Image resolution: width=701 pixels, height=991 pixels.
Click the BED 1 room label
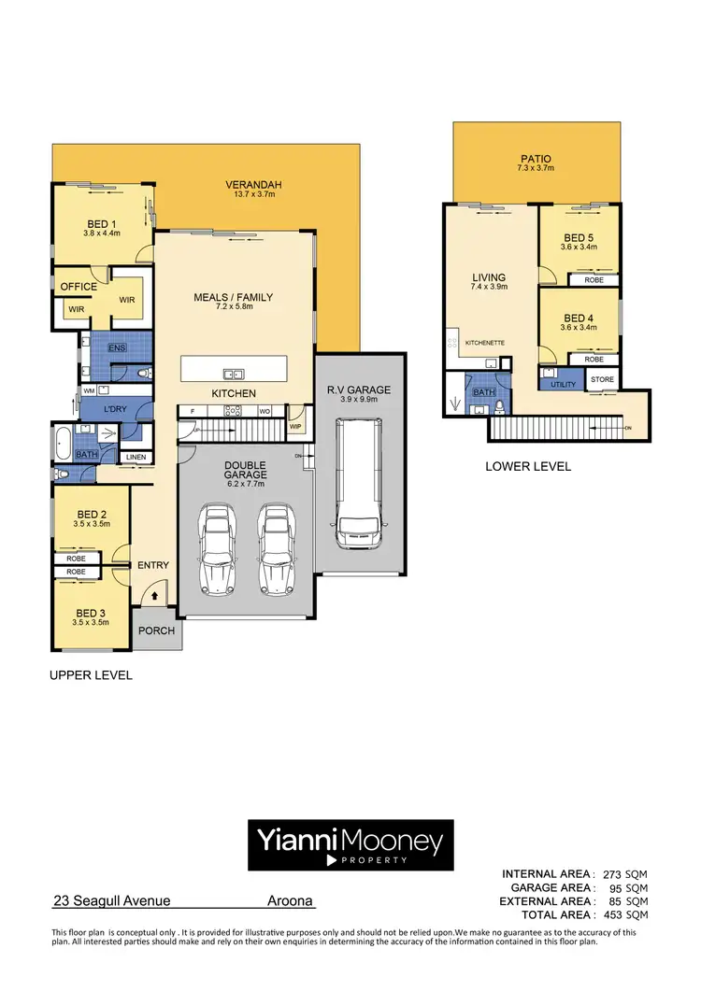pyautogui.click(x=101, y=224)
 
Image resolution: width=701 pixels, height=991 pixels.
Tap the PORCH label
pyautogui.click(x=156, y=630)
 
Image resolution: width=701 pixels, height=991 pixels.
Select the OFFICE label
pyautogui.click(x=79, y=287)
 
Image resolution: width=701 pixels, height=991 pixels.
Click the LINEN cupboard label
pyautogui.click(x=135, y=457)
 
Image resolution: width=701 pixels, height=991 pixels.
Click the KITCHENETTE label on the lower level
pyautogui.click(x=483, y=343)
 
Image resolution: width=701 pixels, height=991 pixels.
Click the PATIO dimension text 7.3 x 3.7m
pyautogui.click(x=536, y=169)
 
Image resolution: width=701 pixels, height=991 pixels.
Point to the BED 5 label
pyautogui.click(x=579, y=237)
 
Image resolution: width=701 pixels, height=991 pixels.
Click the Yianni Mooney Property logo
pyautogui.click(x=350, y=845)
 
